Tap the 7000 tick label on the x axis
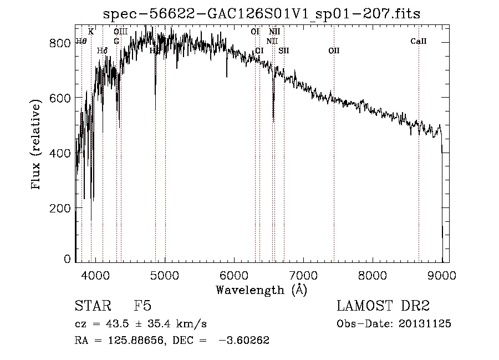[303, 275]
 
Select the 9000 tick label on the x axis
[442, 275]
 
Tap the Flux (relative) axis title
[37, 145]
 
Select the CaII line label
[419, 42]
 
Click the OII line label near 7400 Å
[334, 51]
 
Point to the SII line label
[284, 51]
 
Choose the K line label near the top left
[91, 32]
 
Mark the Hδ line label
[102, 51]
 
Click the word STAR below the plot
[92, 307]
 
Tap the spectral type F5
[143, 307]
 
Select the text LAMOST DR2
[383, 307]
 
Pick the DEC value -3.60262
[244, 341]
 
